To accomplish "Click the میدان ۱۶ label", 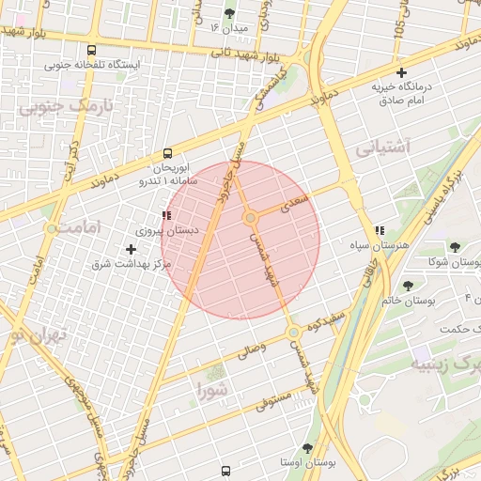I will click(x=229, y=28).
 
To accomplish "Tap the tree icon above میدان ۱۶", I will click(x=230, y=13).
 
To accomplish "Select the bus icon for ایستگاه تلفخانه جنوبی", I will click(x=91, y=51).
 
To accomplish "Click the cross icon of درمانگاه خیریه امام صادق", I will click(x=402, y=72).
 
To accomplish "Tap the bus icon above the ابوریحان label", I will click(x=168, y=152).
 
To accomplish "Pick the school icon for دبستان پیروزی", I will click(x=167, y=215).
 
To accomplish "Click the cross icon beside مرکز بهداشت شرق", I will click(x=131, y=249).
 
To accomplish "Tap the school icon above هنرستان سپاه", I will click(x=380, y=230).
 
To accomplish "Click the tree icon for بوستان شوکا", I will click(x=455, y=248).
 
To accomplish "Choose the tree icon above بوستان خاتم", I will click(x=408, y=286).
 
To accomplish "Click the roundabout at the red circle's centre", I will click(x=251, y=218).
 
